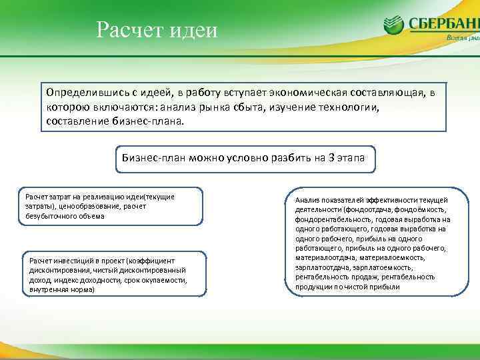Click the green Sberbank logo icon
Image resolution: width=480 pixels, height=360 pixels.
pyautogui.click(x=393, y=25)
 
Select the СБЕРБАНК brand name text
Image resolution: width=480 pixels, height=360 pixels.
pyautogui.click(x=443, y=24)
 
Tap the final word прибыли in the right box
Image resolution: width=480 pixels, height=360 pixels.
pyautogui.click(x=383, y=286)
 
